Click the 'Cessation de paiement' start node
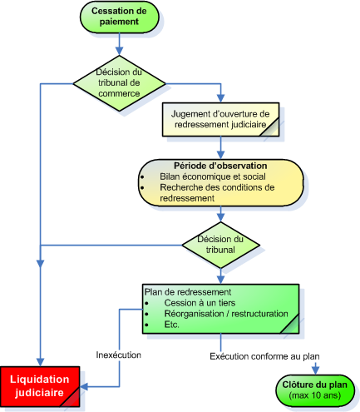[120, 17]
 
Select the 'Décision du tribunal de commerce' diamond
[120, 83]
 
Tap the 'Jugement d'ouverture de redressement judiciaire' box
[220, 120]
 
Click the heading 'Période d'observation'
[220, 166]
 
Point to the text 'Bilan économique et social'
[213, 176]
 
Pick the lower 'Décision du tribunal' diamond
[220, 245]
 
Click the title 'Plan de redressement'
[188, 292]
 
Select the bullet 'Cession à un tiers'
[200, 303]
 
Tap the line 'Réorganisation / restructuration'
[226, 314]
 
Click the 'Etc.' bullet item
[171, 325]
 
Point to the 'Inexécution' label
[119, 355]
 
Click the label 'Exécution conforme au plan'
[264, 356]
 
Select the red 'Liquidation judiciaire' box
[40, 387]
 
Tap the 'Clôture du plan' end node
[315, 391]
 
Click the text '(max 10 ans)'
[315, 395]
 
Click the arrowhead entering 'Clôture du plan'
[315, 370]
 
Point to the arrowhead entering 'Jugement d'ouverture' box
[220, 98]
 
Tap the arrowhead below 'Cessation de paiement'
[120, 51]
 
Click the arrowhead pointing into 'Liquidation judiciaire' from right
[84, 386]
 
